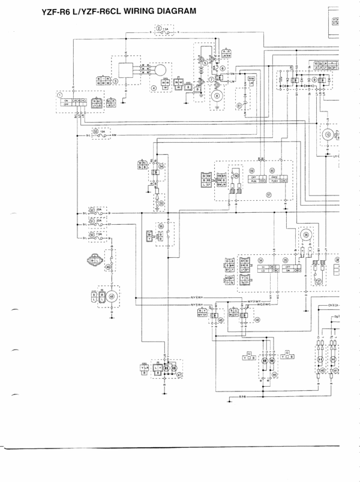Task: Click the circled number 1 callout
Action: [59, 95]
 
